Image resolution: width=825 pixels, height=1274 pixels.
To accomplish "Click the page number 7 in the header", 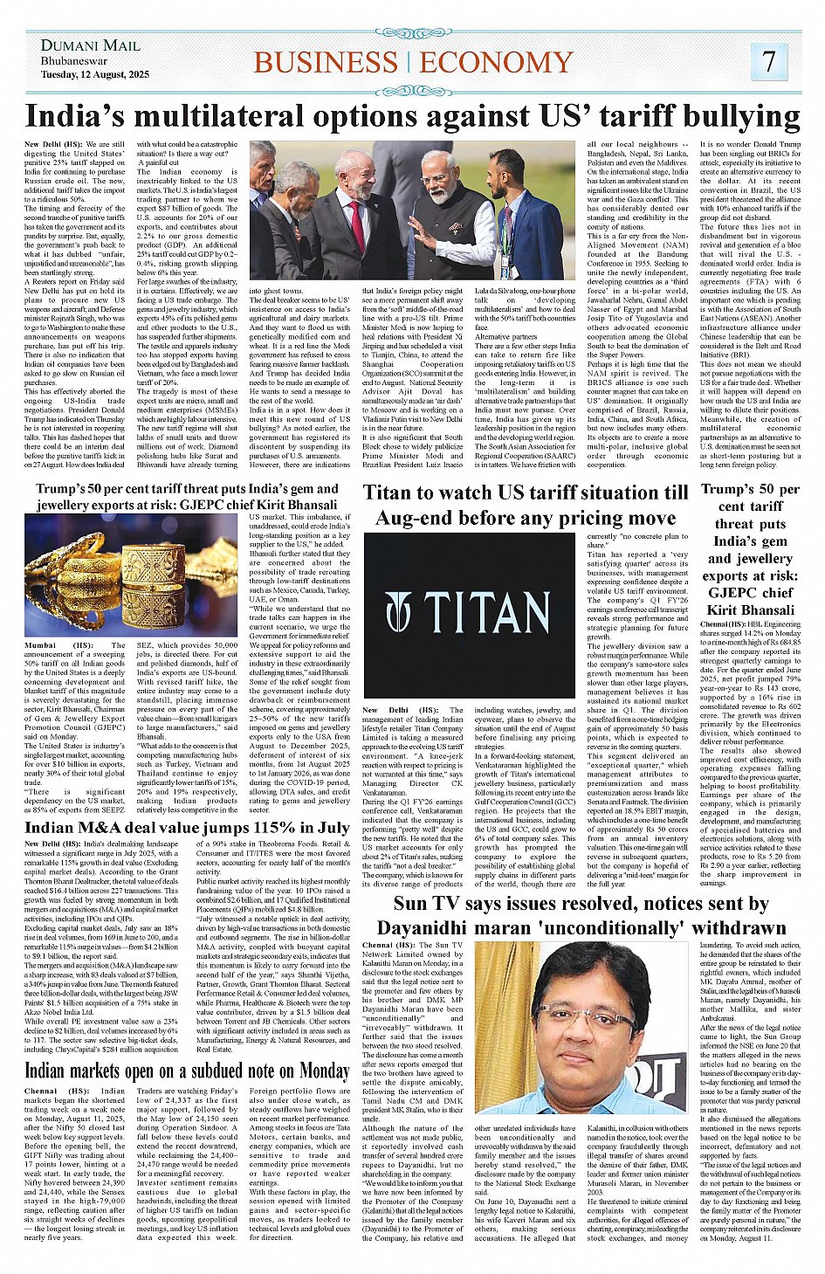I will [768, 61].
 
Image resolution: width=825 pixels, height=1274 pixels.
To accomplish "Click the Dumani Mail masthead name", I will [90, 45].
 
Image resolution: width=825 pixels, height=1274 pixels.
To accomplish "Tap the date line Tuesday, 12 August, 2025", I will [94, 75].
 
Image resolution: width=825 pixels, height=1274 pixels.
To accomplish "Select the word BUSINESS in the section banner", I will [325, 63].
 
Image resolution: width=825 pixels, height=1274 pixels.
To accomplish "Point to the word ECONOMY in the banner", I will [496, 63].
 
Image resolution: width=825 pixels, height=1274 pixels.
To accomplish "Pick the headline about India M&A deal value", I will [187, 828].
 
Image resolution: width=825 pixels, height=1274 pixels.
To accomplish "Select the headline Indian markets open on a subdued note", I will [187, 1071].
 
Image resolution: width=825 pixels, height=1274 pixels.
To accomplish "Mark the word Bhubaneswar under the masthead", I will [74, 62].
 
